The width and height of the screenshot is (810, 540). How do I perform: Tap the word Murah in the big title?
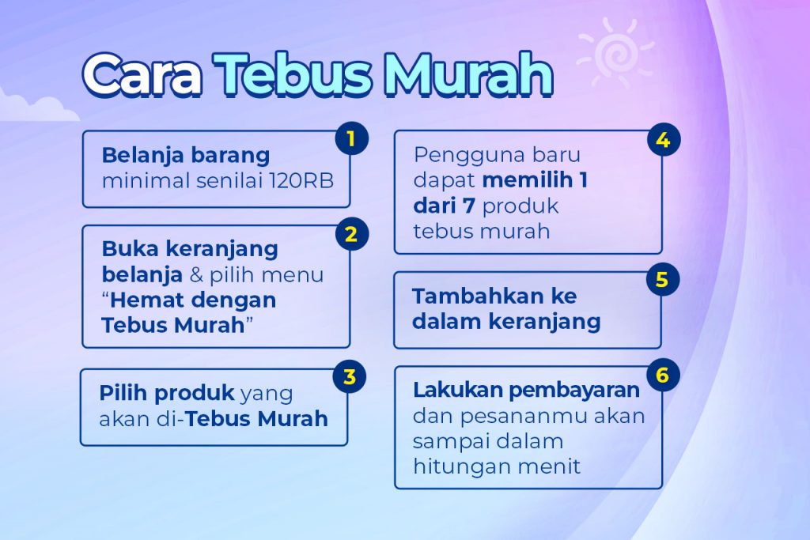[x=467, y=75]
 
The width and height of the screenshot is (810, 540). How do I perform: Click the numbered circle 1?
[x=351, y=138]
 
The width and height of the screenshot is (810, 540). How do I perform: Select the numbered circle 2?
[x=351, y=234]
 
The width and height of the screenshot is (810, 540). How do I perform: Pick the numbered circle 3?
[x=350, y=376]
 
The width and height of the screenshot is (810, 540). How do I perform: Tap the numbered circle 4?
[x=664, y=140]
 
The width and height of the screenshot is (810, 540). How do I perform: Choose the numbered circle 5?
[x=662, y=279]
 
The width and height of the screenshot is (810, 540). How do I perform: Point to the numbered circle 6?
[x=662, y=375]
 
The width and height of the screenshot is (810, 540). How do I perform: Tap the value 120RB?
[x=301, y=181]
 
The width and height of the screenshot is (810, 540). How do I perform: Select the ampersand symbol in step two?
[x=196, y=274]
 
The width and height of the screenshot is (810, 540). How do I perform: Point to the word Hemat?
[x=142, y=300]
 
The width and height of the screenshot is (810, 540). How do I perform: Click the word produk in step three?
[x=195, y=394]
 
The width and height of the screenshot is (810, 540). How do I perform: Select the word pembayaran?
[x=574, y=391]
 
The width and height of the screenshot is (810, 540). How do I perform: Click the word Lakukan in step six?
[x=458, y=390]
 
